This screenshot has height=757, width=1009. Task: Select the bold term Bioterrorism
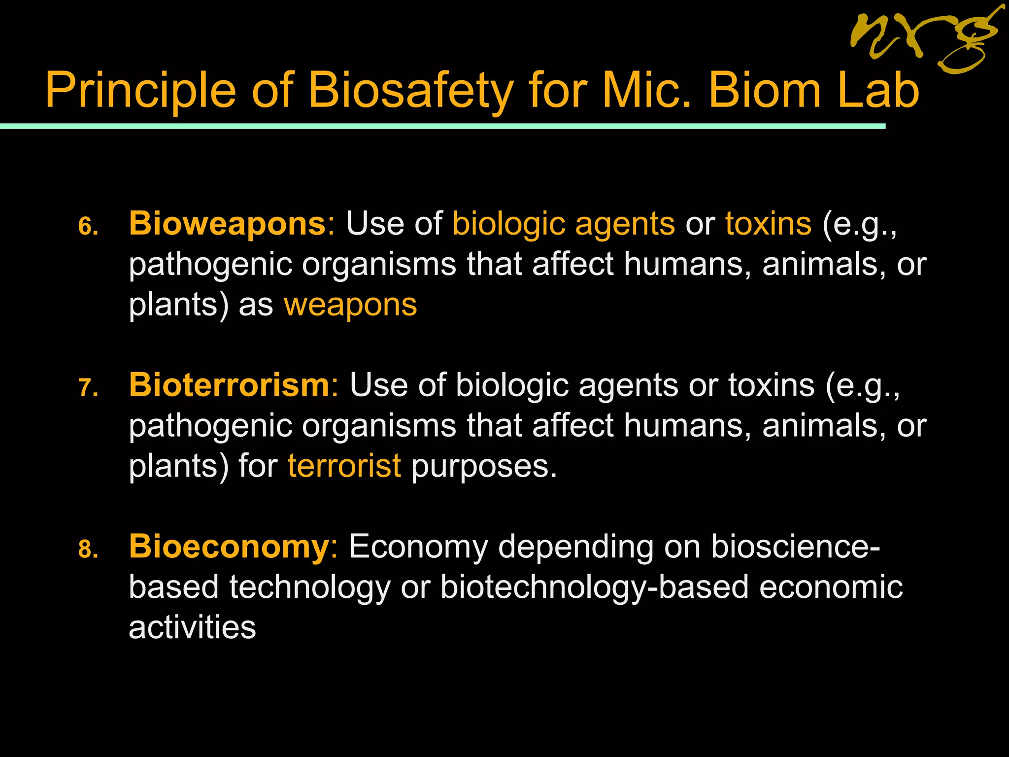coord(229,385)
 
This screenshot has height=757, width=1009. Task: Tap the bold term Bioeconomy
coord(229,547)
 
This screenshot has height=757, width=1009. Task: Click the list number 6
coord(88,227)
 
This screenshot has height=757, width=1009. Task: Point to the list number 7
coord(88,388)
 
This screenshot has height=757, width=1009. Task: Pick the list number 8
coord(88,550)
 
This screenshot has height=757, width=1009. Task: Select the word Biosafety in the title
coord(410,91)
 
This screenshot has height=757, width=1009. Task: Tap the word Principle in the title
coord(140,91)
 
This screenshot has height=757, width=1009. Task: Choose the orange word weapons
coord(350,305)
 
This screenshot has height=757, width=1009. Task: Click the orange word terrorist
coord(344,466)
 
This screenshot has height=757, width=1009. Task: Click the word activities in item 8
coord(192,628)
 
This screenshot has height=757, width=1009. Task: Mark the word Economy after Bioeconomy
coord(418,547)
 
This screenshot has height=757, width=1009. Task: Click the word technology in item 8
coord(309,587)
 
